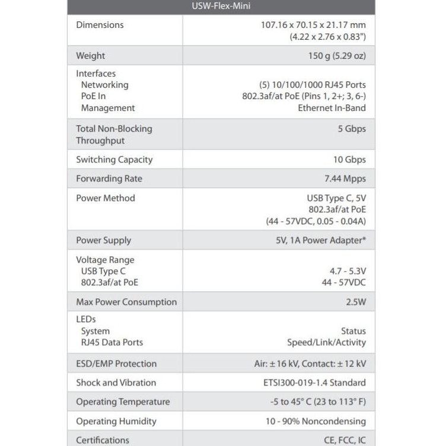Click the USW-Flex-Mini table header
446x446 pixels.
221,7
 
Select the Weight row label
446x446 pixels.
90,56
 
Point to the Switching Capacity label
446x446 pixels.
114,160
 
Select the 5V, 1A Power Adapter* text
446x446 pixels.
317,240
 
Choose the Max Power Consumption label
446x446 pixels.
126,302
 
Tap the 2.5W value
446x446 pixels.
356,302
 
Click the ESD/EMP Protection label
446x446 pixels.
116,364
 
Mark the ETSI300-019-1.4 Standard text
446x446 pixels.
314,383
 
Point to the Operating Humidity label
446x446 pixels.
116,421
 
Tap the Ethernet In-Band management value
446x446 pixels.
332,108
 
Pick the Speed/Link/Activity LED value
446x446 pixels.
326,342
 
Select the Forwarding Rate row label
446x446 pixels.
109,179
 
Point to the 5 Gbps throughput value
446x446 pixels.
352,129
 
